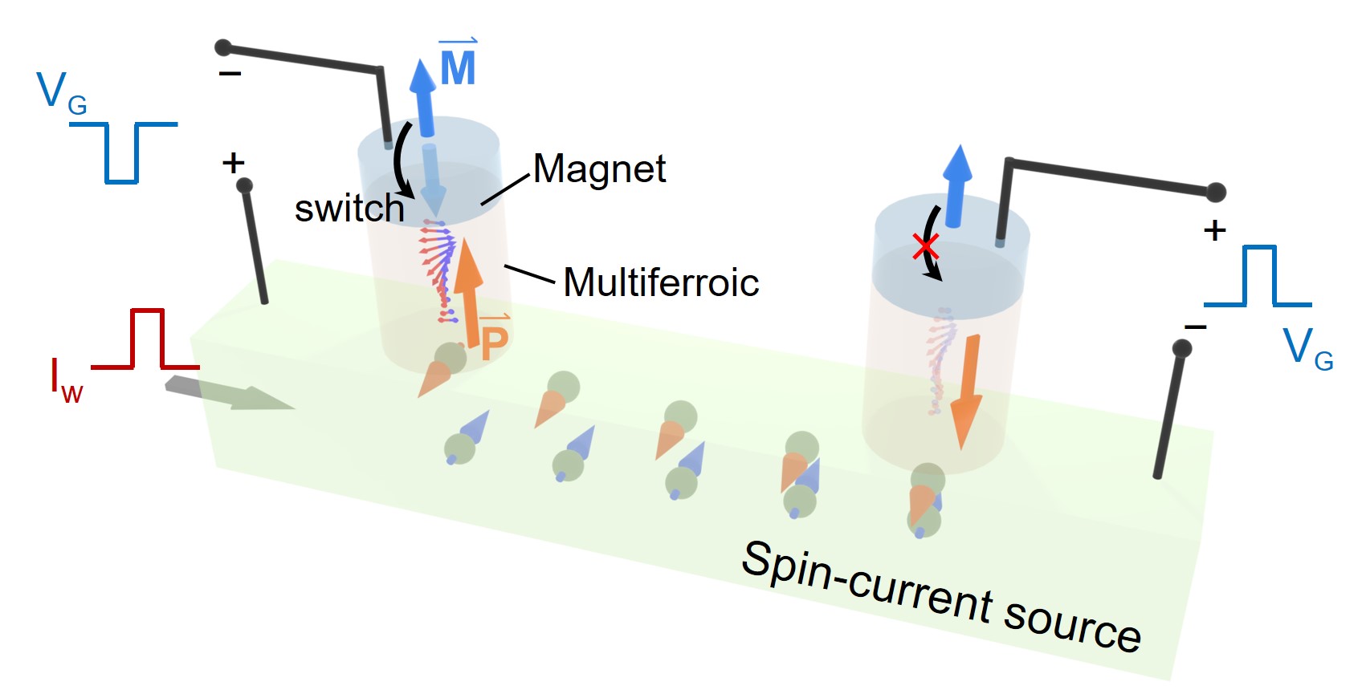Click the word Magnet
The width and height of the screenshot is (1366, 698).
599,169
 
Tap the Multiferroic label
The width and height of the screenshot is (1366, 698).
661,282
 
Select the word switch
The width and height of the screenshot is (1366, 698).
349,209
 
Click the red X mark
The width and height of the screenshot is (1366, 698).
926,246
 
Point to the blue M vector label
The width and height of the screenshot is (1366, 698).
458,65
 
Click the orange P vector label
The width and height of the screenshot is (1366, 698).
494,341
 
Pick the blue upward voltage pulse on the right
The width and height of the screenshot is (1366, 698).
1258,277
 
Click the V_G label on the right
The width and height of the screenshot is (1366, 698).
1307,349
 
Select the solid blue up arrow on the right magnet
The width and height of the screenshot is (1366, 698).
956,185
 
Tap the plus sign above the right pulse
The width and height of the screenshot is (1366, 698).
1214,231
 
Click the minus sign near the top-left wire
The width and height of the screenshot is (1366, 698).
230,75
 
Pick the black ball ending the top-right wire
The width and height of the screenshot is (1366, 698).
1216,193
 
